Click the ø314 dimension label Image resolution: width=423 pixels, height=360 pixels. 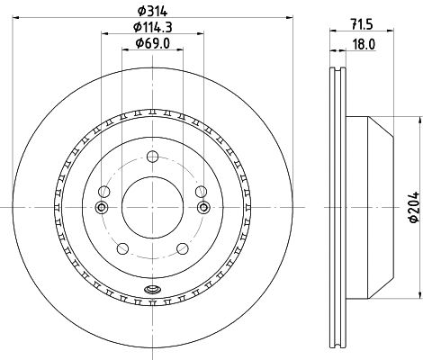pos(152,12)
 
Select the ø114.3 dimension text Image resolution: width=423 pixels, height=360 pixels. pos(153,27)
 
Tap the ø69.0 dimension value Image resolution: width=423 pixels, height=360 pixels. pos(153,43)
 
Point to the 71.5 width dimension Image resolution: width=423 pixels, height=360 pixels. pos(361,24)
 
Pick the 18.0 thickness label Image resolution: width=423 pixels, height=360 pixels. pos(364,45)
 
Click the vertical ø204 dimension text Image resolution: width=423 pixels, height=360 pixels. pos(414,207)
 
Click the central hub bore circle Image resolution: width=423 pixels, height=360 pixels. pos(152,207)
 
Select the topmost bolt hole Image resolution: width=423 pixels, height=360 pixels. pos(152,157)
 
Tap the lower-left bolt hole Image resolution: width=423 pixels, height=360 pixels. pos(122,248)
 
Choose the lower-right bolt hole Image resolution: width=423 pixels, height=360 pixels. pos(183,248)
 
